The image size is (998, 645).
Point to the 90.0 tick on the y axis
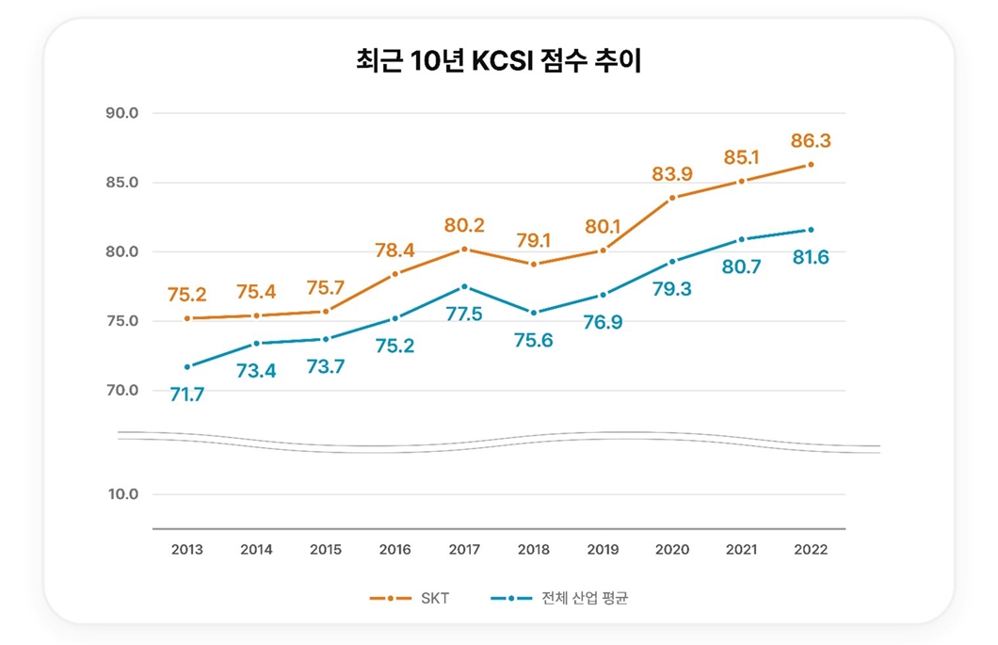(x=121, y=113)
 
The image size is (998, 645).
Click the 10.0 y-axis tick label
(x=121, y=494)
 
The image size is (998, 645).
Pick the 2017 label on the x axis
(x=463, y=550)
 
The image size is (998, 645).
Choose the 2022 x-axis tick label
(x=811, y=550)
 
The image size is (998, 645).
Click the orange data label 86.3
(x=811, y=141)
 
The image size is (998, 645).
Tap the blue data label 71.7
(x=186, y=395)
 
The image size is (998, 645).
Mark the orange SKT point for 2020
(x=672, y=198)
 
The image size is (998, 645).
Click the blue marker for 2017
(x=463, y=286)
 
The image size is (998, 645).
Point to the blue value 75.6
(x=533, y=340)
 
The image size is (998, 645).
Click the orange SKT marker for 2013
(x=186, y=318)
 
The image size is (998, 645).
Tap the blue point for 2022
(x=811, y=230)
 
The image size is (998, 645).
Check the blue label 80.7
(x=741, y=266)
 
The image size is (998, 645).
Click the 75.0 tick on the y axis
(x=121, y=321)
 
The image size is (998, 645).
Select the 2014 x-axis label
(x=256, y=550)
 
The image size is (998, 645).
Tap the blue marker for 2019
(x=603, y=295)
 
